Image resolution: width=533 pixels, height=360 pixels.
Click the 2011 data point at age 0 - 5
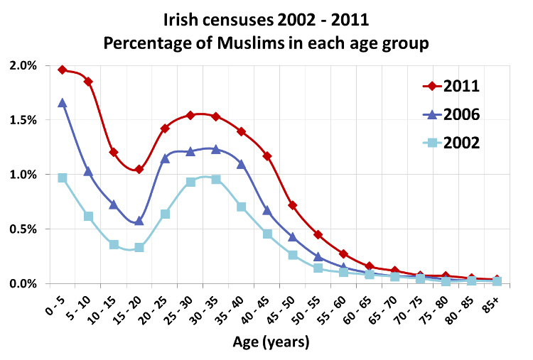click(x=63, y=70)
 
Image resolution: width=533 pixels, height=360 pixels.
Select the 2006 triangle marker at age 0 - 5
click(x=63, y=103)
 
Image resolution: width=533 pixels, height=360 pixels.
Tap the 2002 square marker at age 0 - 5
click(x=63, y=178)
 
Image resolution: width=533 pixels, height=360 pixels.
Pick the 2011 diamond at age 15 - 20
click(x=139, y=170)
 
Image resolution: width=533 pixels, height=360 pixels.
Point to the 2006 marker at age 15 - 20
click(x=139, y=221)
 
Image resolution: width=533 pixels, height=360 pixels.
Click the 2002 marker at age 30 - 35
click(x=216, y=180)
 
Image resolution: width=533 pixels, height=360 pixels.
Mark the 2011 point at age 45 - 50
click(x=293, y=205)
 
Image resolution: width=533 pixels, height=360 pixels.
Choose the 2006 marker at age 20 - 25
click(x=165, y=158)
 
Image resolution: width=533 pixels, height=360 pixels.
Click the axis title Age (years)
click(x=271, y=343)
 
